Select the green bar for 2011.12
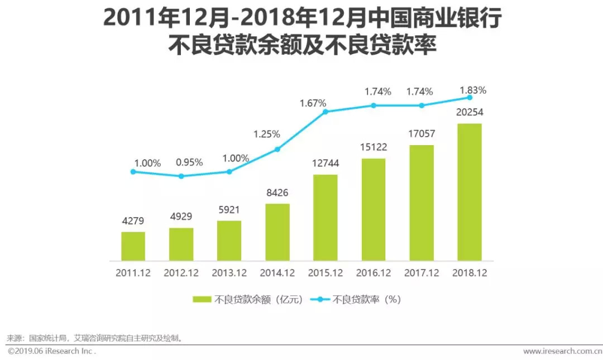pos(133,246)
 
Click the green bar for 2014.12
pos(277,232)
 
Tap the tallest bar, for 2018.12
pos(469,192)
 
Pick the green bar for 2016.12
pos(373,209)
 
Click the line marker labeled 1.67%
pos(325,112)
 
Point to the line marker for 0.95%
pos(181,176)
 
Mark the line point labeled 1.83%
pos(469,97)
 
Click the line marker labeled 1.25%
pos(277,149)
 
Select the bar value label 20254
pos(469,112)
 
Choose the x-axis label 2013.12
pos(229,273)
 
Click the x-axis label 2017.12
pos(421,273)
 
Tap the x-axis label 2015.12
pos(325,273)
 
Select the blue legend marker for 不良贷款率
pos(320,300)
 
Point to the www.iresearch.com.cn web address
pos(562,351)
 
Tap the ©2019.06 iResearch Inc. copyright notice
pos(51,351)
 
